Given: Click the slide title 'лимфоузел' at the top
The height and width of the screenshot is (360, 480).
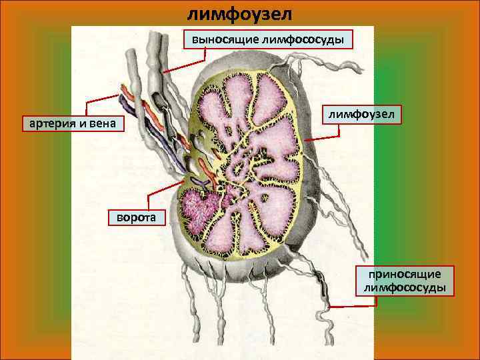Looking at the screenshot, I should (239, 13).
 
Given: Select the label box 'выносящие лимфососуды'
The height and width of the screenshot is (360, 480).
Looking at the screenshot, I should (268, 39).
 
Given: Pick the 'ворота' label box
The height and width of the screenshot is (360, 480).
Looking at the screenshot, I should (136, 217).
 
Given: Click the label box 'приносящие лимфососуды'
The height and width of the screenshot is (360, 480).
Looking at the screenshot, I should (406, 281).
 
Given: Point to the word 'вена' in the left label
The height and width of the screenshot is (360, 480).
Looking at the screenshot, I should (105, 123).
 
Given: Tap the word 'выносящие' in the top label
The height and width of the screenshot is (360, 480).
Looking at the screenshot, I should (219, 39).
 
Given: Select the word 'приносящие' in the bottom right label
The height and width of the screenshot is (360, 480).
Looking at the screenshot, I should (406, 274).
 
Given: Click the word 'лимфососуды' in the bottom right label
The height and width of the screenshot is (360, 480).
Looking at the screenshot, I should (406, 287).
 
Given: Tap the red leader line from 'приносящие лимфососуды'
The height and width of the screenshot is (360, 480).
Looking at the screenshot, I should (353, 306).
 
